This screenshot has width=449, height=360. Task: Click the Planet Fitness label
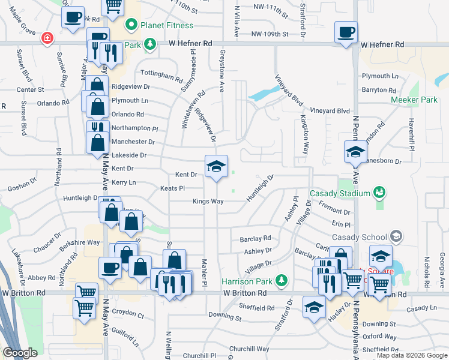167,26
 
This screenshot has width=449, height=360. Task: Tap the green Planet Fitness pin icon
130,26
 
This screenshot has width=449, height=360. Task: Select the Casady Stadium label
340,193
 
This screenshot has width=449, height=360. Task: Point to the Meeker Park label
414,100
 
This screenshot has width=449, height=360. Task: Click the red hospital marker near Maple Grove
46,38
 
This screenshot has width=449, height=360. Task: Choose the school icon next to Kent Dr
216,166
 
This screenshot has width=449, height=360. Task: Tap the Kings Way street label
208,202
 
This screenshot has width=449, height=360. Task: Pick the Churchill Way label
249,349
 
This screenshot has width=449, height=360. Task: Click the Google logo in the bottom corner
20,353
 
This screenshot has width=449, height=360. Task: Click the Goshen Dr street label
23,187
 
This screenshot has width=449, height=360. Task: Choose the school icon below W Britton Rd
314,307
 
